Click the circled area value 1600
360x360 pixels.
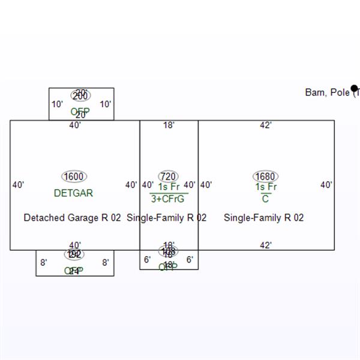[x=74, y=176]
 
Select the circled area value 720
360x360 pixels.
[x=168, y=176]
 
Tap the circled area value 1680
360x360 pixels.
[x=265, y=176]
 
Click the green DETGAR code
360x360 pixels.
[x=74, y=193]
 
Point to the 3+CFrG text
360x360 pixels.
[x=168, y=199]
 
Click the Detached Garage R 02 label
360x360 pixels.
[x=72, y=217]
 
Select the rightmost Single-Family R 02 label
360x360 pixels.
[x=263, y=217]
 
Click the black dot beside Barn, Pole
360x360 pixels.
[x=355, y=89]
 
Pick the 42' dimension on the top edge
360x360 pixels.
[x=266, y=125]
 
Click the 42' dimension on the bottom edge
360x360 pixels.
[x=266, y=245]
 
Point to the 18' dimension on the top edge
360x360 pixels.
[x=169, y=125]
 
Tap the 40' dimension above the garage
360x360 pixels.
[x=75, y=125]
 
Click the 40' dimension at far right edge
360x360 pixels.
[x=326, y=185]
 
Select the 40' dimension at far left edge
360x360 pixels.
[x=18, y=185]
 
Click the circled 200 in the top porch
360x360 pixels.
[x=80, y=96]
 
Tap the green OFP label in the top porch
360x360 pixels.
[x=80, y=112]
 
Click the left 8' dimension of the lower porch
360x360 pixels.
[x=43, y=262]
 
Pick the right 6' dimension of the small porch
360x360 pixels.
[x=190, y=259]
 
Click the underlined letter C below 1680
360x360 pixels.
[x=265, y=199]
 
